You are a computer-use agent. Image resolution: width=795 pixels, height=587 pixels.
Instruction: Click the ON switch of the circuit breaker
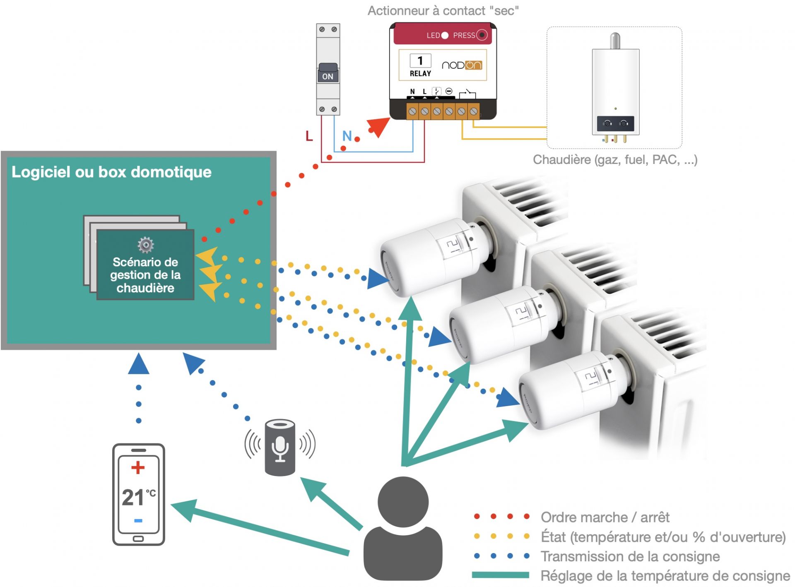coord(328,74)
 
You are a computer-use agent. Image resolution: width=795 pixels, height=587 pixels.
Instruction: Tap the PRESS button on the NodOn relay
coord(482,35)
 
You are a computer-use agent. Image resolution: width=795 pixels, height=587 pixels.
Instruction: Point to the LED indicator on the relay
coord(445,35)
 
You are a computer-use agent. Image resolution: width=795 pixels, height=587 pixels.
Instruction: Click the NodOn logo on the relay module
coord(462,65)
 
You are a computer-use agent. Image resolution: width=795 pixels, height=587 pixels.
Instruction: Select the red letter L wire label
coord(309,136)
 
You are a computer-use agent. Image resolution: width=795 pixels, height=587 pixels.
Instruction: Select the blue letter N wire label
coord(347,136)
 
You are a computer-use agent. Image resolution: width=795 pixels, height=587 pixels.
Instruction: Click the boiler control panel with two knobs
coord(615,123)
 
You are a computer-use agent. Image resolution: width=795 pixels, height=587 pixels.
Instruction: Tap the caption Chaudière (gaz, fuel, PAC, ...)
coord(615,159)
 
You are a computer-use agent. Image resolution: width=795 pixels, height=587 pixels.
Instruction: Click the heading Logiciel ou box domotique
coord(111,172)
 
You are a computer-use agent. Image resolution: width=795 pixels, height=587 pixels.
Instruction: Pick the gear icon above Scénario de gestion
coord(145,245)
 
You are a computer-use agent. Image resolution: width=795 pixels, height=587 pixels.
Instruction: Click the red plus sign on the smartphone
coord(138,467)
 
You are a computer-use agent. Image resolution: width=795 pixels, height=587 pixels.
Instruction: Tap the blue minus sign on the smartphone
coord(138,520)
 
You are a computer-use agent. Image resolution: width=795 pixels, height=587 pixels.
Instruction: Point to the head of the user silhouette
coord(402,502)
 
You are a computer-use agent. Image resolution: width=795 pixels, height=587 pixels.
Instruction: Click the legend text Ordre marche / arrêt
coord(605,517)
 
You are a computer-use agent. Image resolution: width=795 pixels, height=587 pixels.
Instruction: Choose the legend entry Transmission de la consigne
coord(630,556)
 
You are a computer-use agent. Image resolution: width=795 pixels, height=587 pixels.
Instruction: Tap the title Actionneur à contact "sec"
coord(443,10)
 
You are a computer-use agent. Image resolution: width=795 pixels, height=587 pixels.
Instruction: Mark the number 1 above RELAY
coord(420,60)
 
